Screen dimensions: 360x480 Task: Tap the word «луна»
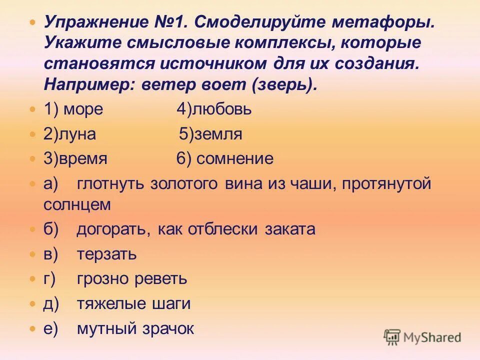pos(75,134)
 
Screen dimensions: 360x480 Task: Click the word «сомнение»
pos(235,159)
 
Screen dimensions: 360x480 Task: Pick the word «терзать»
pos(107,254)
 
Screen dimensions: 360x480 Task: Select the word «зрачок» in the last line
pos(167,328)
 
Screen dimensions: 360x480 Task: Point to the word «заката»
pos(291,229)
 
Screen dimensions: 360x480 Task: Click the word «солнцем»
pos(77,204)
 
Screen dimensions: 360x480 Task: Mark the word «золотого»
pos(184,184)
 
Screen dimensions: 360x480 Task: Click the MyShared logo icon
pos(392,337)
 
